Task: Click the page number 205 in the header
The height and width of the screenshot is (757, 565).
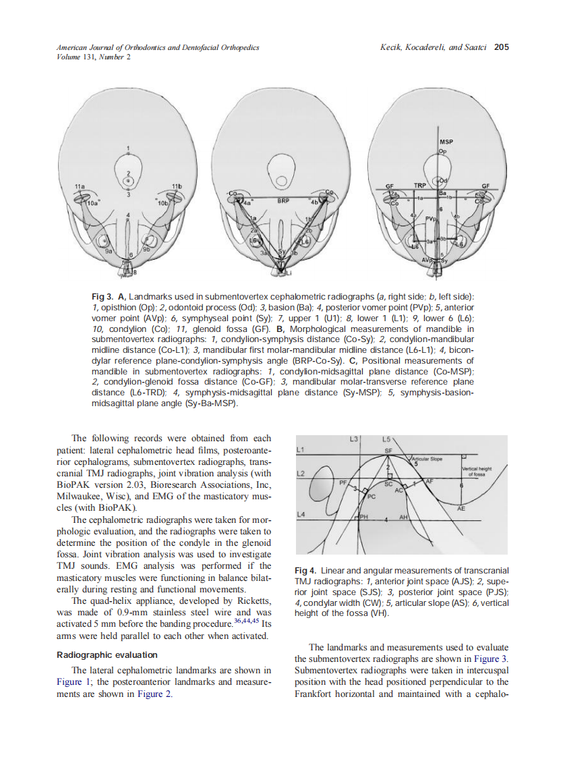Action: [x=501, y=47]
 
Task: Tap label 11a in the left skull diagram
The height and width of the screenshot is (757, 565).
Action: [x=80, y=185]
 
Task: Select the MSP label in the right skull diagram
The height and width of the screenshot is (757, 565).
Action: [x=446, y=142]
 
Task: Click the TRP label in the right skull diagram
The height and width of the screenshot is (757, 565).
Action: [x=420, y=185]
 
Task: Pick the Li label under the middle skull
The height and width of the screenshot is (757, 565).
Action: [x=288, y=274]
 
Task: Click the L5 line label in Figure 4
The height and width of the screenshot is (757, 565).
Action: [x=386, y=439]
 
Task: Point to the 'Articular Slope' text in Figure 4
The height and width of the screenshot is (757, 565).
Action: [x=426, y=459]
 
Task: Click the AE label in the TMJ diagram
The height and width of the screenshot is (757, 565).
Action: [x=461, y=509]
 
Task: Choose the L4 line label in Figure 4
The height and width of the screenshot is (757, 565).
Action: [x=301, y=515]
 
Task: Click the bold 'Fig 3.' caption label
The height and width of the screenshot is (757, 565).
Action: [x=104, y=297]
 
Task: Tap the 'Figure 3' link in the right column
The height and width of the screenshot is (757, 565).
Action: [x=490, y=658]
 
